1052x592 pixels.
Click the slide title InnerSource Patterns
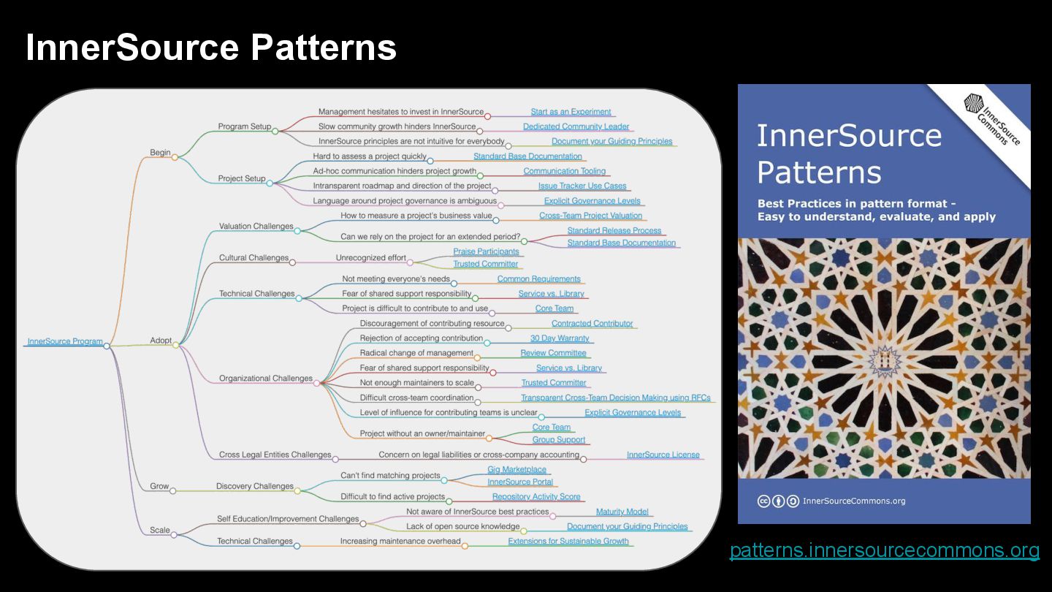point(211,48)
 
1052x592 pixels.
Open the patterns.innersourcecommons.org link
point(884,550)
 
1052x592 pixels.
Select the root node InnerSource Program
point(65,341)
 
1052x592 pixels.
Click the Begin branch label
point(160,153)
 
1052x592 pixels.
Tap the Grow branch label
point(159,486)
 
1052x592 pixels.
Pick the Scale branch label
point(160,530)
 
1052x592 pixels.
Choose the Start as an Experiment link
point(571,112)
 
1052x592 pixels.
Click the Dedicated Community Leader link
point(576,126)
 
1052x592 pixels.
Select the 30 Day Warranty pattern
point(560,338)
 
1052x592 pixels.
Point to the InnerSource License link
point(663,455)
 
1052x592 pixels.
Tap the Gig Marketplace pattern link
point(517,470)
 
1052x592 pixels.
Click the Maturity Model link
point(622,512)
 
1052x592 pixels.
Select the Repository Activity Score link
point(536,497)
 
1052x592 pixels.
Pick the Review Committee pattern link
point(553,353)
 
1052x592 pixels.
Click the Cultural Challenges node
point(254,258)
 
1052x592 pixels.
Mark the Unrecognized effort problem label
point(370,258)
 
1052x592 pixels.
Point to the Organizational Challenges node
point(266,379)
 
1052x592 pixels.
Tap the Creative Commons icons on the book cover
point(777,501)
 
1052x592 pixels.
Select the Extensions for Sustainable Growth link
point(568,542)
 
